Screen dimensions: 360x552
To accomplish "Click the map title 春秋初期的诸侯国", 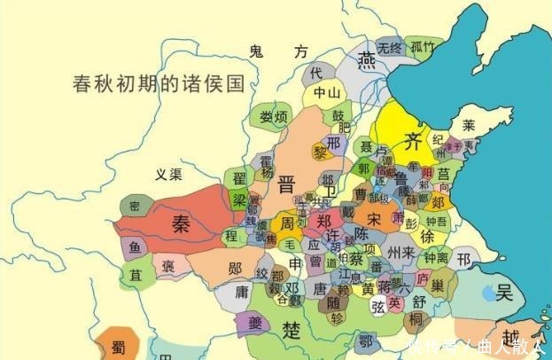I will tap(159, 85).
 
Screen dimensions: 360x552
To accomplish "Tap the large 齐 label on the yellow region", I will tap(412, 139).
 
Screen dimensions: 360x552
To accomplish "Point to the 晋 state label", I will tap(286, 184).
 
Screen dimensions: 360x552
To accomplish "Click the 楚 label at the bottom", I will tap(292, 330).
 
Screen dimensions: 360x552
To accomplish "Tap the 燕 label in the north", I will tap(366, 60).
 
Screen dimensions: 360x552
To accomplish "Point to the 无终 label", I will tap(389, 48).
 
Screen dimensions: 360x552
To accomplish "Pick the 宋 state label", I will tap(376, 217).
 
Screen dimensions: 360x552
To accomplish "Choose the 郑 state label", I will tap(325, 221).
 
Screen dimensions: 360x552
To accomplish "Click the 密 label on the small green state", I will tap(134, 205).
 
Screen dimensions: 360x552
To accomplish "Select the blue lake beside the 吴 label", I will tap(486, 290).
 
